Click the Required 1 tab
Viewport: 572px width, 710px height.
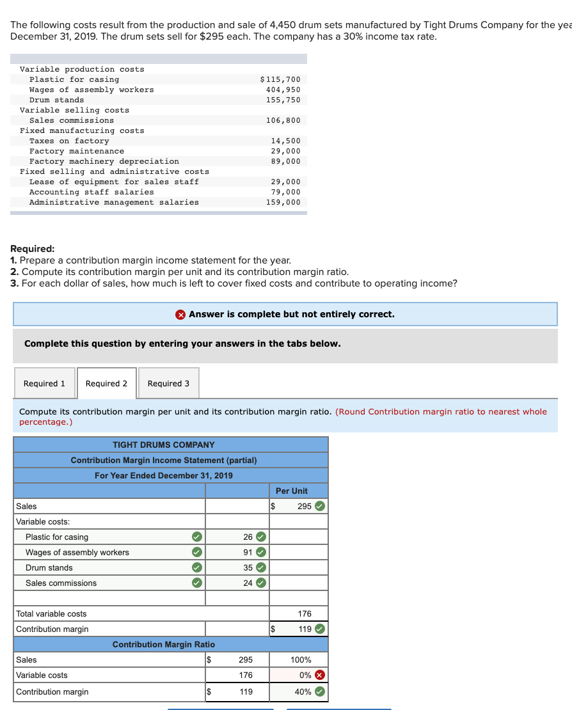click(x=44, y=383)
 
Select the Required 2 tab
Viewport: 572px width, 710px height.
click(x=106, y=383)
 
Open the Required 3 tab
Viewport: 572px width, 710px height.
click(x=168, y=383)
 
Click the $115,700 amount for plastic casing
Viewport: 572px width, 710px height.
click(x=280, y=79)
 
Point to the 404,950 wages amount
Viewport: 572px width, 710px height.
click(x=283, y=90)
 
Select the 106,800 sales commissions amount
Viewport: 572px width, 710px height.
click(x=283, y=120)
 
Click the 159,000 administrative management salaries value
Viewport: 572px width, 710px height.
click(x=283, y=202)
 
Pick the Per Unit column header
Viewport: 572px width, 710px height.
click(x=291, y=491)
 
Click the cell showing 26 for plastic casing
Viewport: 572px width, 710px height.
click(x=248, y=537)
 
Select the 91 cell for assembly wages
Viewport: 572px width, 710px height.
click(x=248, y=552)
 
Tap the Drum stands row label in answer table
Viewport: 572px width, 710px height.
click(x=49, y=567)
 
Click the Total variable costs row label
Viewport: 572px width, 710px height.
click(x=51, y=613)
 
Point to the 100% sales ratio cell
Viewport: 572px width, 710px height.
click(x=301, y=659)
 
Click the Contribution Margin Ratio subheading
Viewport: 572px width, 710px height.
click(x=164, y=644)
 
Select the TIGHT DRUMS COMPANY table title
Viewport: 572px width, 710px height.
click(x=164, y=445)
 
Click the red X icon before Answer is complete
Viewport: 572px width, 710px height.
click(x=181, y=314)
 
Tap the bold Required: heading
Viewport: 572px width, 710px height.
click(x=33, y=249)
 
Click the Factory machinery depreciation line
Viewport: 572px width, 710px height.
click(x=104, y=161)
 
